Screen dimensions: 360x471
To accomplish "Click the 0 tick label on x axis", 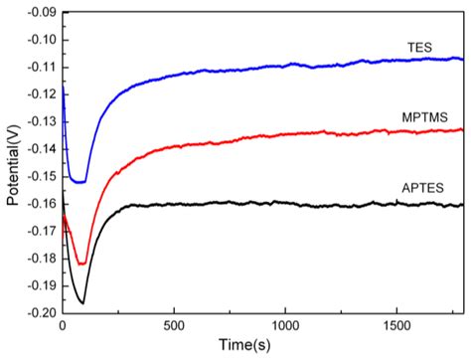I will (63, 325).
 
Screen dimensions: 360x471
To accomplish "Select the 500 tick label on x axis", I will (174, 325).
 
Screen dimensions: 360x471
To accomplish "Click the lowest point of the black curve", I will (82, 302).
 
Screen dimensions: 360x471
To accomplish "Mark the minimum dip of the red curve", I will (82, 264).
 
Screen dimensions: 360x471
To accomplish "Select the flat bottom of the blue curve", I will (79, 182).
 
